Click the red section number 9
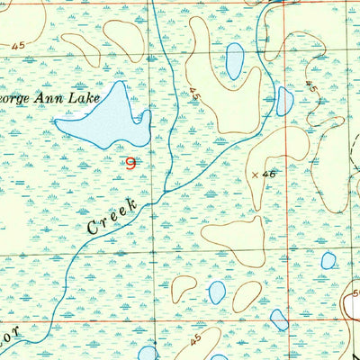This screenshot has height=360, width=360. click(133, 163)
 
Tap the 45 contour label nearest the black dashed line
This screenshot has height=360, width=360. click(311, 89)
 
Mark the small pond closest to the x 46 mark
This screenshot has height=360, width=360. click(284, 101)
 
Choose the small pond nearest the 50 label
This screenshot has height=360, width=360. click(328, 261)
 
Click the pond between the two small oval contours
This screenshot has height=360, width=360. click(217, 292)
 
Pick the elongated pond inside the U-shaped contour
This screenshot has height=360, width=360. click(234, 61)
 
